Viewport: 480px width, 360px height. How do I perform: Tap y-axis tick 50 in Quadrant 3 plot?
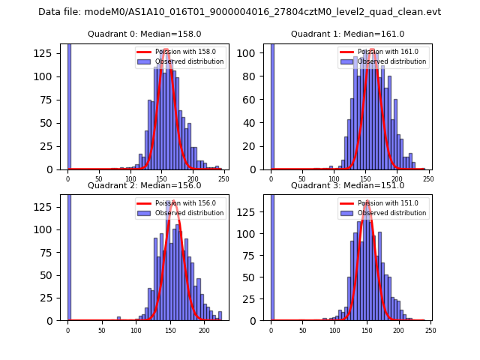256,274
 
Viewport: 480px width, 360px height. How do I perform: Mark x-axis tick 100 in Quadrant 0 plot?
130,178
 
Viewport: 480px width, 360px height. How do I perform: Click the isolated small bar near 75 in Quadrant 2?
118,319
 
